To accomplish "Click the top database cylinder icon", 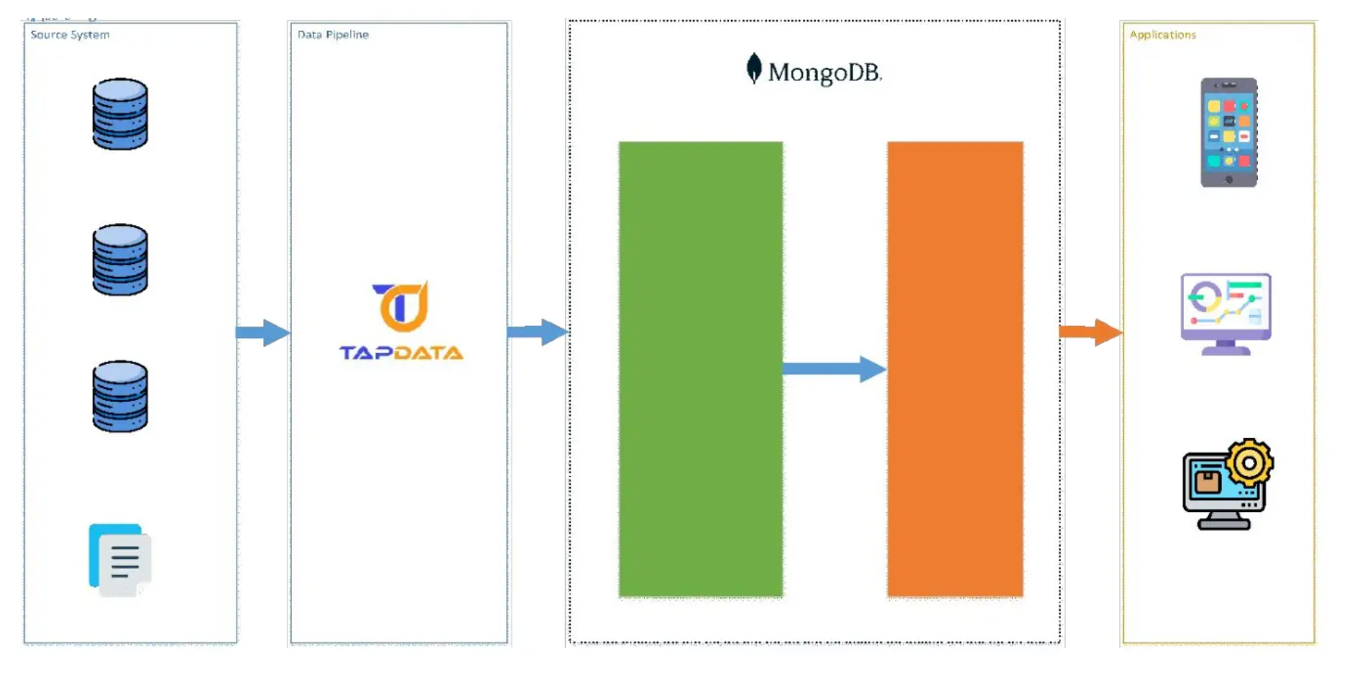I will [x=120, y=114].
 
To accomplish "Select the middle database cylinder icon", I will [x=120, y=259].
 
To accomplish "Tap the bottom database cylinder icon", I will [x=120, y=396].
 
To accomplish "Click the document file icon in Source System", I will [x=120, y=560].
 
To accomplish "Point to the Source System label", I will [x=70, y=35].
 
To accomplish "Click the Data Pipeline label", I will [x=333, y=35].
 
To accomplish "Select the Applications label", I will [x=1162, y=35].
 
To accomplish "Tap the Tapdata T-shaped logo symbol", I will [x=401, y=306].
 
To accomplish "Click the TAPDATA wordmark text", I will [x=401, y=352].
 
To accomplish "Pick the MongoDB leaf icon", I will [x=753, y=68].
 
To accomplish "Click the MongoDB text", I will [x=824, y=73].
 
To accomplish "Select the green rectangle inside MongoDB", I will [x=700, y=369].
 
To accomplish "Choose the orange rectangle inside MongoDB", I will [x=955, y=369].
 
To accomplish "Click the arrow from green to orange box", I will [x=834, y=369].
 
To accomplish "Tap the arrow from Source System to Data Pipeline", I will [x=262, y=332].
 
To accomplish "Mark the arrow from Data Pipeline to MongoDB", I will [x=537, y=332].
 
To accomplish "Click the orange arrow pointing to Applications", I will [x=1090, y=332].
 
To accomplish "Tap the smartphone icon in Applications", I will [x=1228, y=132].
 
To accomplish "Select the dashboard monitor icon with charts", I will [x=1226, y=314].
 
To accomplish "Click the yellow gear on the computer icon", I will [x=1249, y=462].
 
